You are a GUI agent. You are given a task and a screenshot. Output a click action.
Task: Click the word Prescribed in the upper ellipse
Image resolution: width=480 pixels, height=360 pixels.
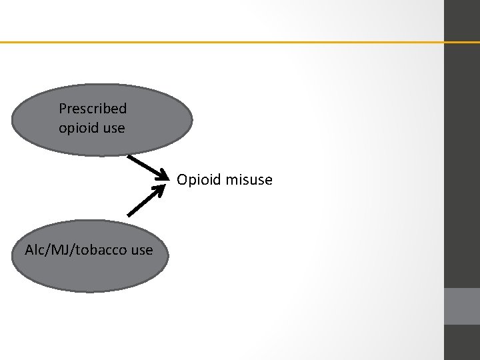[93, 108]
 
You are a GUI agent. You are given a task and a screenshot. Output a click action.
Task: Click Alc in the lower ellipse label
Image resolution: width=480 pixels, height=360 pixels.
[34, 251]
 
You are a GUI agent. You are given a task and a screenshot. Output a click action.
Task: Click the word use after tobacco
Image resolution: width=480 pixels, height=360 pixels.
[141, 251]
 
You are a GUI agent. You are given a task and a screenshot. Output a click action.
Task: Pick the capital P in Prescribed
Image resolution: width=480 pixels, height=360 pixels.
[63, 108]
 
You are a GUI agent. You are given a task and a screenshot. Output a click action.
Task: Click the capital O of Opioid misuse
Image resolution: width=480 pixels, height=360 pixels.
[181, 180]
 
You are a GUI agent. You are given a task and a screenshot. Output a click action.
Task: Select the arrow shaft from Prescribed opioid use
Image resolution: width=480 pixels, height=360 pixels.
[143, 165]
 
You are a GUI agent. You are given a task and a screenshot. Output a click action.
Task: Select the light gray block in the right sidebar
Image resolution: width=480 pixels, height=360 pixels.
[461, 306]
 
